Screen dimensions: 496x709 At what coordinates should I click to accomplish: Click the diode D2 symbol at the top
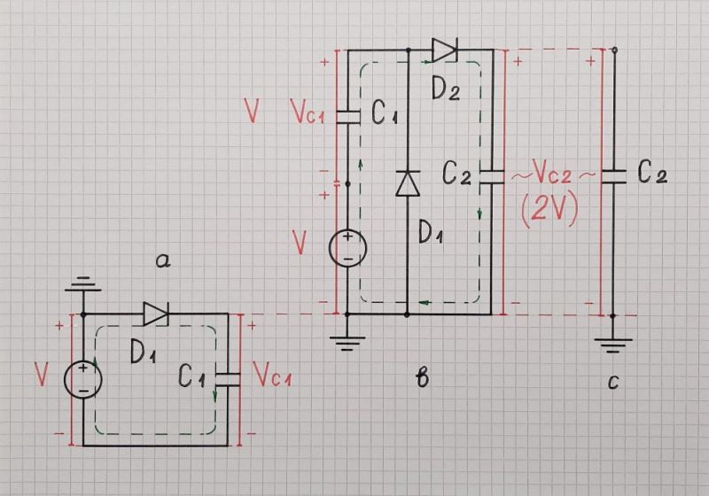click(x=443, y=50)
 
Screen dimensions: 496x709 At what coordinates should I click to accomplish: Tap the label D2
click(x=446, y=88)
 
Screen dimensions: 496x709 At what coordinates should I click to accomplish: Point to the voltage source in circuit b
click(x=347, y=248)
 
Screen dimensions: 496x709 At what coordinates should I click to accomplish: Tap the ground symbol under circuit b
click(x=347, y=344)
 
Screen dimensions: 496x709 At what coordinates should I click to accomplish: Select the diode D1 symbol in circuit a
click(x=156, y=313)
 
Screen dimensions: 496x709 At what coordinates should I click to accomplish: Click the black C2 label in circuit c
click(x=651, y=174)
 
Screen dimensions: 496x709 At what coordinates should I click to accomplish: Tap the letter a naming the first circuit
click(x=161, y=260)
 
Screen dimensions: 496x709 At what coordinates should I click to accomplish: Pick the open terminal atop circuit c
click(x=613, y=50)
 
